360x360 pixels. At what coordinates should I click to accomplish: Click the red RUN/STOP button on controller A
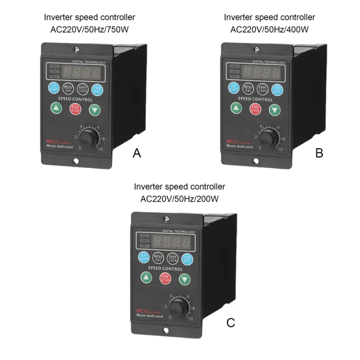[75, 108]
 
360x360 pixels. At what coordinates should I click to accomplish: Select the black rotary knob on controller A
[88, 138]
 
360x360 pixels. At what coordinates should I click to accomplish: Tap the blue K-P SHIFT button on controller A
[53, 88]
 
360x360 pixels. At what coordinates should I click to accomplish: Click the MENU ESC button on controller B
[248, 89]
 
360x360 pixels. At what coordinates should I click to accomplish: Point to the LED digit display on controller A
[80, 72]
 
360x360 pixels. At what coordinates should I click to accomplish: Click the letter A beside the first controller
[136, 153]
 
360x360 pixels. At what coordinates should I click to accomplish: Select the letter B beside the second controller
[319, 153]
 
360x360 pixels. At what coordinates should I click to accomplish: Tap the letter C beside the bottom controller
[230, 322]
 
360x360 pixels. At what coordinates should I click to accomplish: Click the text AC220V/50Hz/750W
[89, 29]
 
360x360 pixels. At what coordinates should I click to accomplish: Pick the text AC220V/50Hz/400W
[269, 29]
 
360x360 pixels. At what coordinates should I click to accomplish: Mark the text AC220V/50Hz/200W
[179, 198]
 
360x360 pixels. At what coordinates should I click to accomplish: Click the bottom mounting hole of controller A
[76, 161]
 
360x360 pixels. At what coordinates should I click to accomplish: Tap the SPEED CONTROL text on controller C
[165, 268]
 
